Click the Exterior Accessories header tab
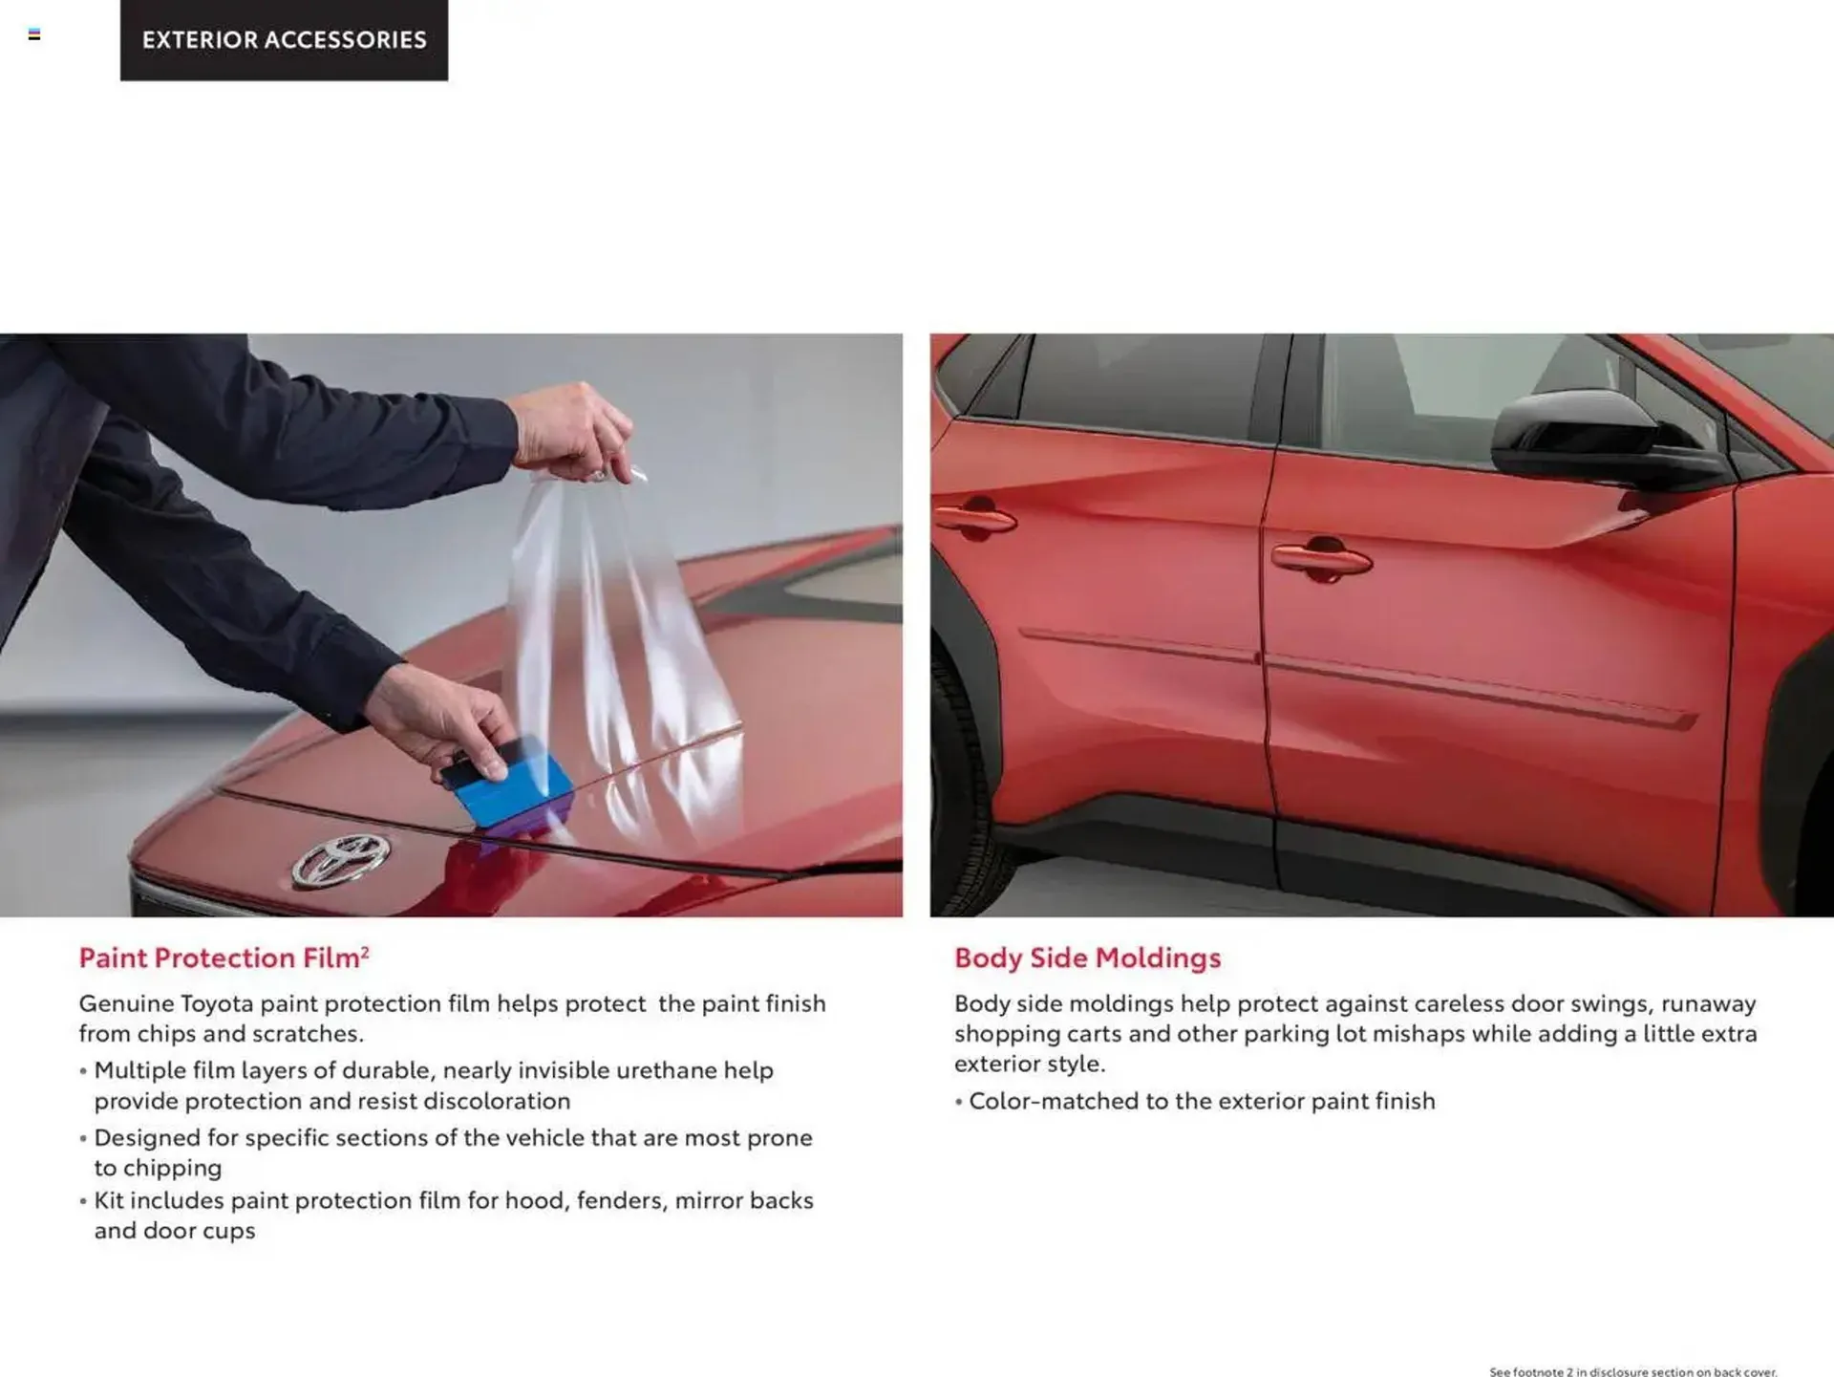coord(284,40)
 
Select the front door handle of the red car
coord(1320,558)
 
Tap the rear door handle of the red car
coord(975,517)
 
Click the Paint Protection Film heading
coord(220,957)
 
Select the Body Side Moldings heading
coord(1087,957)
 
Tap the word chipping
coord(158,1168)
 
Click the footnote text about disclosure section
coord(1632,1372)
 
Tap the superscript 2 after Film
coord(365,951)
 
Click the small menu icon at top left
coord(34,34)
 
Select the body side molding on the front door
coord(1481,690)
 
